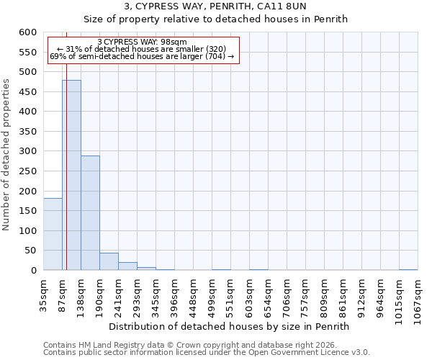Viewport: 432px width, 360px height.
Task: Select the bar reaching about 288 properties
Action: (x=90, y=213)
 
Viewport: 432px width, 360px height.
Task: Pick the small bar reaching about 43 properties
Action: (x=109, y=261)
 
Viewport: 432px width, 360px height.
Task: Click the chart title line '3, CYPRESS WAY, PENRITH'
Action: (x=215, y=6)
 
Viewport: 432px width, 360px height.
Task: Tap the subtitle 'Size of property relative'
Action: (x=215, y=19)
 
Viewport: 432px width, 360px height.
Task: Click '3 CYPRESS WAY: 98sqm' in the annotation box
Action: (x=142, y=42)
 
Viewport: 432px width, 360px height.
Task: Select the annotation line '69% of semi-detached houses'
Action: (x=142, y=56)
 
